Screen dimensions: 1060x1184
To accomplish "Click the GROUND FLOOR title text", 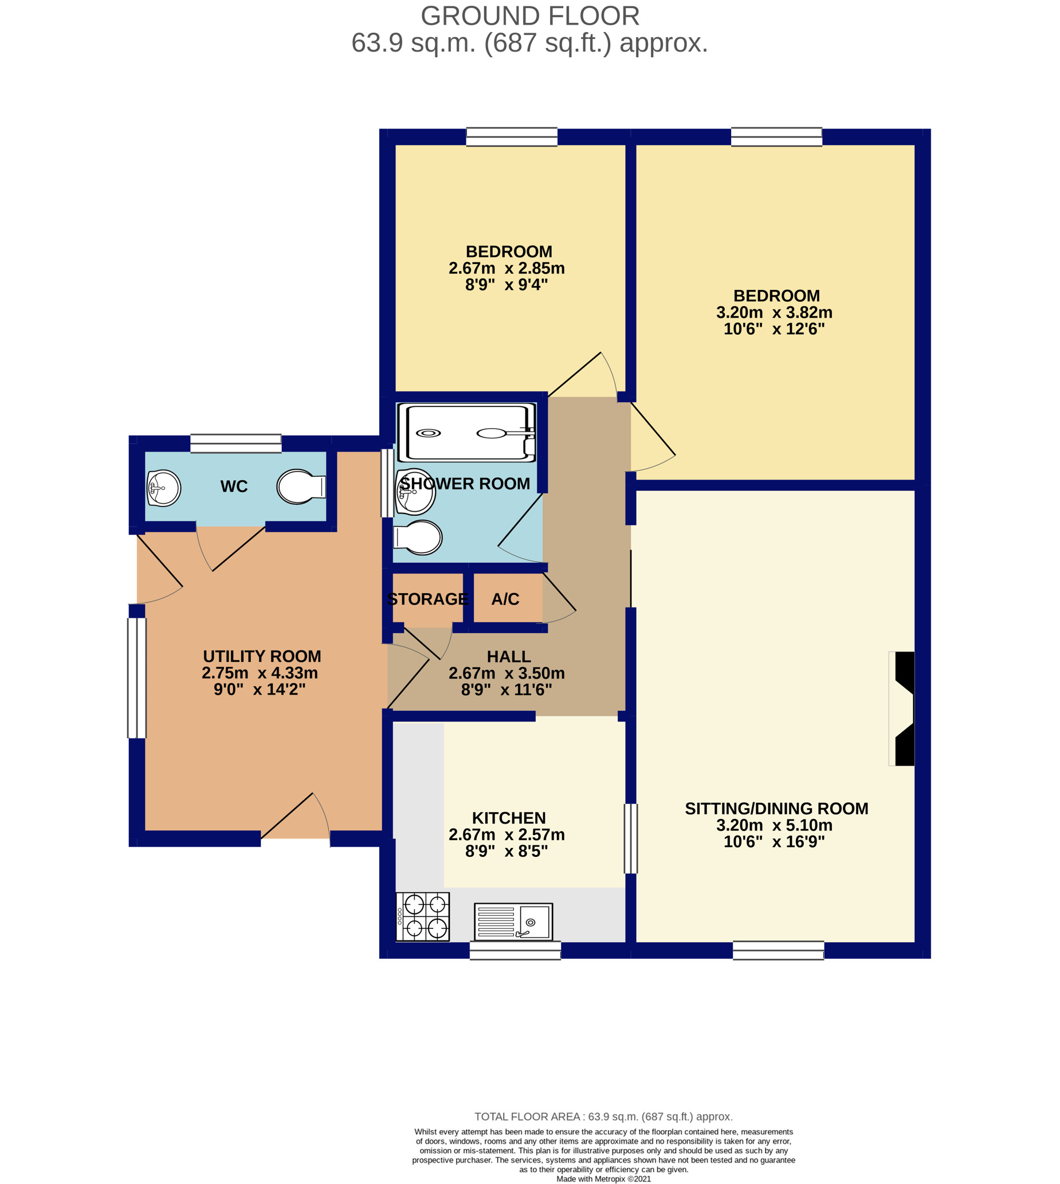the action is click(530, 16).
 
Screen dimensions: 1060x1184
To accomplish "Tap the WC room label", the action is click(234, 487).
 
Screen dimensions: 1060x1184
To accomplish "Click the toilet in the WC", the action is click(301, 487).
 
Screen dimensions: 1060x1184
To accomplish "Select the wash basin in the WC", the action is click(164, 488).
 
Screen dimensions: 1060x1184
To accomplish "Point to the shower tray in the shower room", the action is click(466, 433).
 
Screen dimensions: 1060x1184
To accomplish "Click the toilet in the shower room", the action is click(418, 537).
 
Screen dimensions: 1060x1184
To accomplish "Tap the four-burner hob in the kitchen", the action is click(423, 917).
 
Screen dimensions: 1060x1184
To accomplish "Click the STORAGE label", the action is click(427, 599).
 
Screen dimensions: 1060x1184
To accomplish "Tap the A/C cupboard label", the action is click(505, 599).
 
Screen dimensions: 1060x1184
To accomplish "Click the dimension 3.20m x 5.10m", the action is click(774, 825).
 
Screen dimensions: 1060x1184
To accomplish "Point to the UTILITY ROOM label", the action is click(262, 656).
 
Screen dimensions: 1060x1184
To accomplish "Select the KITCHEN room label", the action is click(509, 818).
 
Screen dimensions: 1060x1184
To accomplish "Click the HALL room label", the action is click(509, 657).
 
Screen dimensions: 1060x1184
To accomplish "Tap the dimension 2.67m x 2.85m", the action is click(507, 268).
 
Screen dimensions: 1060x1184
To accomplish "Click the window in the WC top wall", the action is click(236, 443).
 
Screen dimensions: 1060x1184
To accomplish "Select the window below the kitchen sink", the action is click(516, 950).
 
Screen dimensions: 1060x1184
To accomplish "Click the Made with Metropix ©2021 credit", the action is click(603, 1179).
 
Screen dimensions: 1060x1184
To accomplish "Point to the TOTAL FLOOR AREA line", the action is click(603, 1116).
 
